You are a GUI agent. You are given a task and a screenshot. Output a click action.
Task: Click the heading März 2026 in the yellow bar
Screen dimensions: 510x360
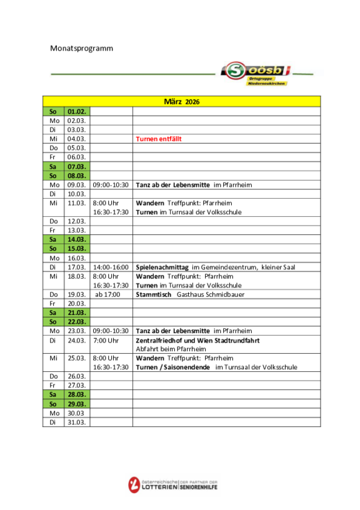click(x=181, y=101)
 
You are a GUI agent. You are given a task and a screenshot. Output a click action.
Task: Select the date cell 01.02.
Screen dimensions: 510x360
click(x=77, y=111)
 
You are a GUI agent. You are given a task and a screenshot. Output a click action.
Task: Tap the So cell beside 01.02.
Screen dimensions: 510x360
click(x=53, y=111)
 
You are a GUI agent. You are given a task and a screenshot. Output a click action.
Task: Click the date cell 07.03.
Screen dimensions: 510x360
click(x=77, y=167)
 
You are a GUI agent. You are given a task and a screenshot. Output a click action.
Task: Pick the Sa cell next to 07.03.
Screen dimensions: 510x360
click(x=53, y=167)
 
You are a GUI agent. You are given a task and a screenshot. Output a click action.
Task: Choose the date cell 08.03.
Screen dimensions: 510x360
click(x=77, y=176)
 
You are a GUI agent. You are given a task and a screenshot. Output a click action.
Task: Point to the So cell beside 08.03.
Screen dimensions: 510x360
click(x=53, y=176)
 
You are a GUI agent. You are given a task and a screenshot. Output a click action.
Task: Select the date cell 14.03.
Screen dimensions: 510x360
click(x=77, y=239)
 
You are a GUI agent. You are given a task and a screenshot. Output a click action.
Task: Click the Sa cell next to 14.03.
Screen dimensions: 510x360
click(x=53, y=239)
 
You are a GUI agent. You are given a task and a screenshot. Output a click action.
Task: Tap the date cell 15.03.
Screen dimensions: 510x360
click(x=77, y=249)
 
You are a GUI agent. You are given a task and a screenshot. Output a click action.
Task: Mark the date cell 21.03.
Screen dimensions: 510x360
click(x=77, y=312)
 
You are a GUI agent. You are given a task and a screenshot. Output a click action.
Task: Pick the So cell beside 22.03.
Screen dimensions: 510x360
click(x=53, y=322)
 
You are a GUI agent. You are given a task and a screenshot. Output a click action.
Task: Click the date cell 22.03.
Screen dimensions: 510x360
click(x=77, y=322)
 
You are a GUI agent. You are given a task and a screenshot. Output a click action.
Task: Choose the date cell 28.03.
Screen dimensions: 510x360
click(x=77, y=394)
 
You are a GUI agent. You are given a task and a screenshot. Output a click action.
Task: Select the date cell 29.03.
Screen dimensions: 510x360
click(x=77, y=404)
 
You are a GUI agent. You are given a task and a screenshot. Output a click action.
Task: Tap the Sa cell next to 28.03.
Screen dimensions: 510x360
click(x=53, y=394)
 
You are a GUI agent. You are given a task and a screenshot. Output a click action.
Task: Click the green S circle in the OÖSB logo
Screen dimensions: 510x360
click(x=236, y=71)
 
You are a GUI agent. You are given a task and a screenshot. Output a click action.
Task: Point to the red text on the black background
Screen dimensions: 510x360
click(x=159, y=139)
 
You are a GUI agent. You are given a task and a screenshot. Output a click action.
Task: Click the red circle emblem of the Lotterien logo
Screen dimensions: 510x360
click(x=134, y=485)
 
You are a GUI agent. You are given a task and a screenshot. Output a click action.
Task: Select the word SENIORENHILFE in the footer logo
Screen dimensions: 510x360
click(x=199, y=487)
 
